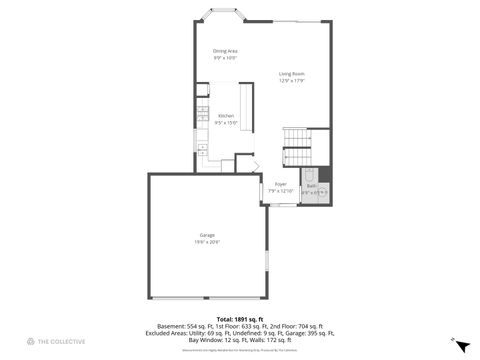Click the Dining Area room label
coord(225,51)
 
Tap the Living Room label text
coord(292,74)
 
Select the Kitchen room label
coord(226,115)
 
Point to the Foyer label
coord(281,184)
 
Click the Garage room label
coord(207,236)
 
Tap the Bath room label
coord(311,186)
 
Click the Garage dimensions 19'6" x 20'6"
coord(207,242)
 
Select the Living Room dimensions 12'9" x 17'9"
coord(292,80)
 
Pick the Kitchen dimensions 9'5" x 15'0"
coord(226,122)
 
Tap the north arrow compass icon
coord(459,344)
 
